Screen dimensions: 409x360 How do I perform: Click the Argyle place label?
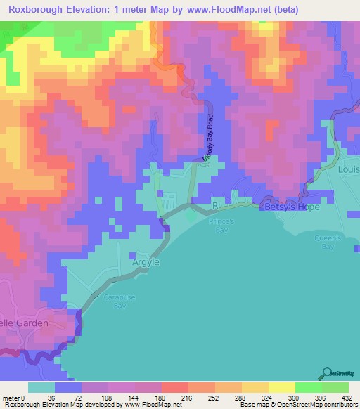pos(146,262)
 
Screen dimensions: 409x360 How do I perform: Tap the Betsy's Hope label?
pos(291,207)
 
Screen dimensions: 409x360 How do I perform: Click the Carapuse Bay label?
pos(115,301)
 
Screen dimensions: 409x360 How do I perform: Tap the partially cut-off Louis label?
pos(349,169)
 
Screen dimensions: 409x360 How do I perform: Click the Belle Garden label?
pos(24,323)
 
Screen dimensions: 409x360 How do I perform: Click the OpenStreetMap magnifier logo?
pos(328,372)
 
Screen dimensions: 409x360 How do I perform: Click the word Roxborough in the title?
pos(41,10)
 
